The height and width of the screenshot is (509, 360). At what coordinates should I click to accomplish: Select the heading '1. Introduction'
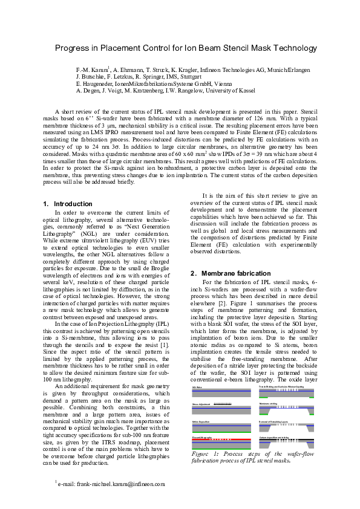pyautogui.click(x=68, y=204)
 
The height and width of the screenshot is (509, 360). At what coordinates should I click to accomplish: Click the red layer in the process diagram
pyautogui.click(x=214, y=439)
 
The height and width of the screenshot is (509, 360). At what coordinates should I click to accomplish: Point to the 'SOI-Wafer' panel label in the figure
pyautogui.click(x=198, y=386)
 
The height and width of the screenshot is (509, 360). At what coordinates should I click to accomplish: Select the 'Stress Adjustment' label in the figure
pyautogui.click(x=202, y=403)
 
